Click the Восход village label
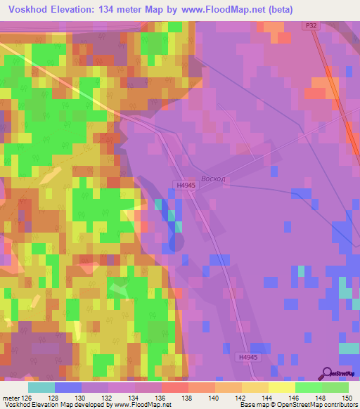213,179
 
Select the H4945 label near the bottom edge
247,357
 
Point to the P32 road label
311,25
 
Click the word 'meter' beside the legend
11,397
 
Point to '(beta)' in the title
277,8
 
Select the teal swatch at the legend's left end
41,387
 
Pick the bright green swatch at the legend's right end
335,387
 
